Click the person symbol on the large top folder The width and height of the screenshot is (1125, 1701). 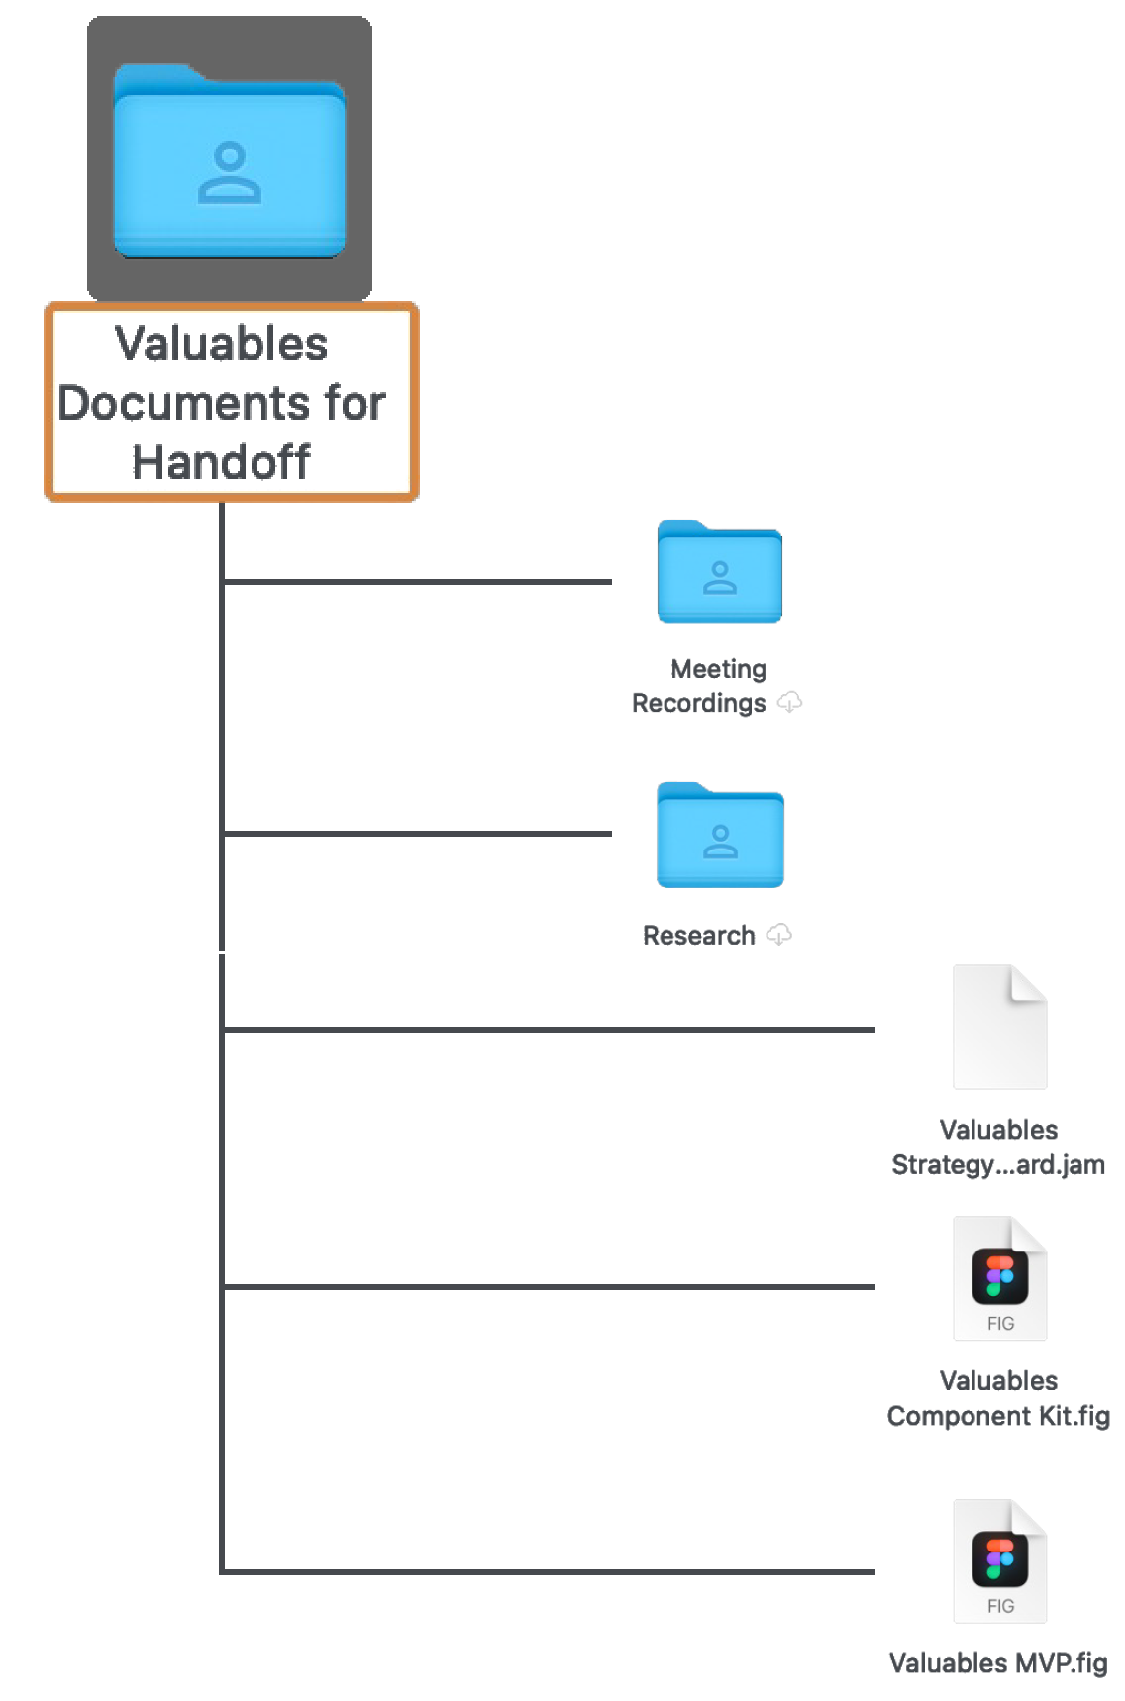tap(230, 172)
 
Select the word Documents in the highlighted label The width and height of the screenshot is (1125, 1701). tap(184, 403)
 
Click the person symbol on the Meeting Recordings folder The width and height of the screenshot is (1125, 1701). tap(720, 578)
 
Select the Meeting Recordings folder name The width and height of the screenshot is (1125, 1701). tap(705, 686)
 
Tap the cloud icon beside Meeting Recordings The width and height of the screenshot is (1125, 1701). tap(789, 702)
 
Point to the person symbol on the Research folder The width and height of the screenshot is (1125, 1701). tap(720, 841)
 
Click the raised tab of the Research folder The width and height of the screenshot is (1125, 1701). tap(683, 789)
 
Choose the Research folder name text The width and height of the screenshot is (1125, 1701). tap(699, 935)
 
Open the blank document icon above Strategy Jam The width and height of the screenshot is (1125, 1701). tap(999, 1030)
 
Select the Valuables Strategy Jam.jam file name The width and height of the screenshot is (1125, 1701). tap(997, 1148)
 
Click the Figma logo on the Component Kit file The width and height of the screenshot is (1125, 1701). tap(999, 1276)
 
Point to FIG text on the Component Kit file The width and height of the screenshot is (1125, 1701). tap(1000, 1324)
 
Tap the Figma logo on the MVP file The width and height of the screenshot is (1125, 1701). tap(999, 1558)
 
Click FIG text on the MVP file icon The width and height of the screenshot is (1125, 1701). tap(1000, 1606)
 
